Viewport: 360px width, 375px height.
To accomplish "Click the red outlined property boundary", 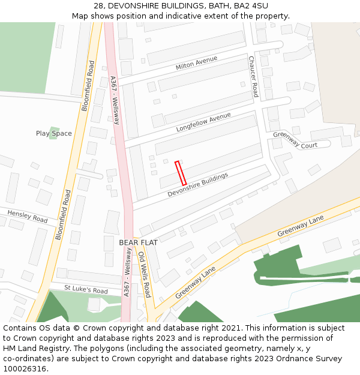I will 181,173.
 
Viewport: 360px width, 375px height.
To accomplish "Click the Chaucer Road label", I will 254,76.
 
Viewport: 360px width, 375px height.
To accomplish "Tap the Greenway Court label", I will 295,140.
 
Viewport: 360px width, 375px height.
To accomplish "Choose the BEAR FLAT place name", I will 137,242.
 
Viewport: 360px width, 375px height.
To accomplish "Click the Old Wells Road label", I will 145,274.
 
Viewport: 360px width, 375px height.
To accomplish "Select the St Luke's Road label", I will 86,290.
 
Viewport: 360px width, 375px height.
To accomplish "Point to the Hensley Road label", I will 27,216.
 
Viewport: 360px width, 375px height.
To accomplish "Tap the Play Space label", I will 53,133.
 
